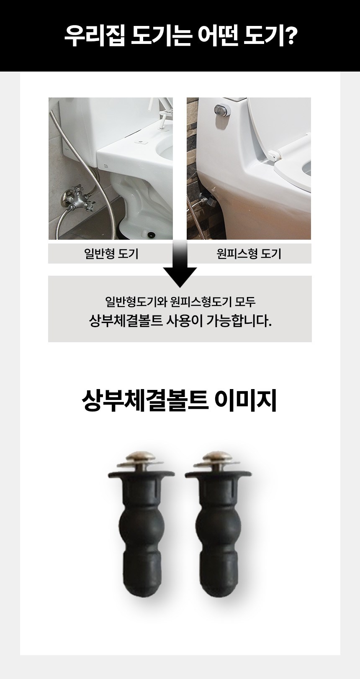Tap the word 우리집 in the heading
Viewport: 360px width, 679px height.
click(94, 36)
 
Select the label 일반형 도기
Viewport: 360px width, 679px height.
click(111, 254)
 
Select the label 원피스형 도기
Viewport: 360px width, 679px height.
click(249, 254)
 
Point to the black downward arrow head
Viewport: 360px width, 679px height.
click(180, 277)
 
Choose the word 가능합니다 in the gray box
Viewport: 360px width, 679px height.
click(239, 321)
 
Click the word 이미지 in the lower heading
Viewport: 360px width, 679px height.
click(245, 402)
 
